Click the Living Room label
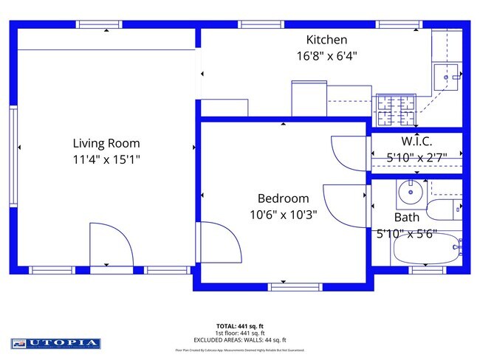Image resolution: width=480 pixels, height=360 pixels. [106, 143]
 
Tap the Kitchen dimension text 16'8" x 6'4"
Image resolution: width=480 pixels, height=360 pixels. [326, 54]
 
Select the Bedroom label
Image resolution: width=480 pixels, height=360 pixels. [283, 198]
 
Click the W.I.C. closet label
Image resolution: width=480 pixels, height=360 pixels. [416, 140]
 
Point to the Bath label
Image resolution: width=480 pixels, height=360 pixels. [406, 218]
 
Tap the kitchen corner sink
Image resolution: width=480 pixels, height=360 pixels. [446, 74]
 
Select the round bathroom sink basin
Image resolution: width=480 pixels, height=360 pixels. [410, 194]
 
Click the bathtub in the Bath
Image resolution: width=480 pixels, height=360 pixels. [424, 251]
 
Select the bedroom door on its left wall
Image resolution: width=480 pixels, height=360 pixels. [219, 241]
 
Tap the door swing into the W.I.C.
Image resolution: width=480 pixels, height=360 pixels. [348, 153]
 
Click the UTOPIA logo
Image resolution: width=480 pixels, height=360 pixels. [55, 343]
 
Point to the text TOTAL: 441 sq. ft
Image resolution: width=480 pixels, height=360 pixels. [241, 325]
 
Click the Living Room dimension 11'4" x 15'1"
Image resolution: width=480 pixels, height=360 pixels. [106, 159]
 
